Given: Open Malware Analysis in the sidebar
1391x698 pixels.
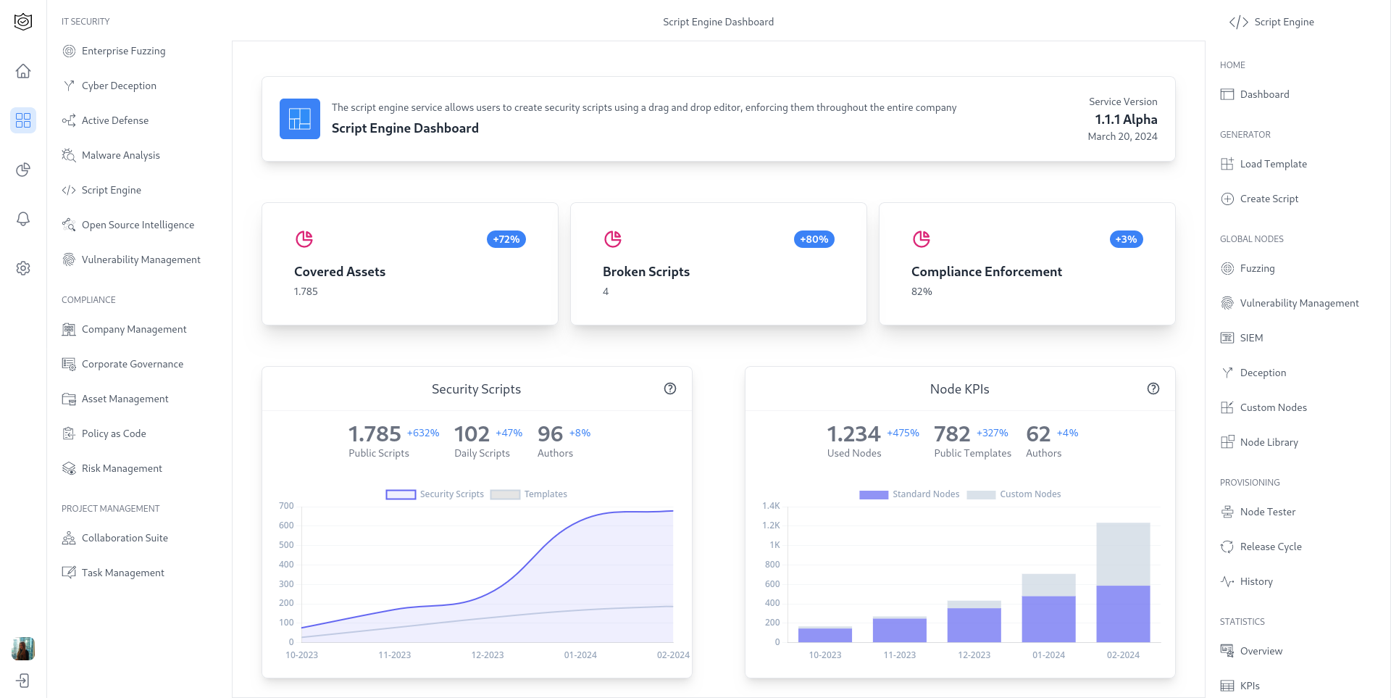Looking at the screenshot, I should (x=120, y=155).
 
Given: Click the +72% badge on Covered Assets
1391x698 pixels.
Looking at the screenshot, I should (x=506, y=239).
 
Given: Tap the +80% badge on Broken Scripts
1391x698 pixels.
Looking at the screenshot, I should (x=814, y=239).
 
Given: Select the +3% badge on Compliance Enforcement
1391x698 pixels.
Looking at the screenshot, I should (x=1126, y=239).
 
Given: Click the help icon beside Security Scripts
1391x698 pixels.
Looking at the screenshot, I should (x=670, y=389).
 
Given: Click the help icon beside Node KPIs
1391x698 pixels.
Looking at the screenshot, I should (x=1153, y=389).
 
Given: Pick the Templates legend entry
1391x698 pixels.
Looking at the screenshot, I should (x=529, y=494).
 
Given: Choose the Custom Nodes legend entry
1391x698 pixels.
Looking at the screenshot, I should (x=1014, y=494).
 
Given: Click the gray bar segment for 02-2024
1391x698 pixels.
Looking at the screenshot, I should (x=1123, y=554).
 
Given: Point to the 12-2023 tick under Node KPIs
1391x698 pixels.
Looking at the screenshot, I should (x=974, y=655).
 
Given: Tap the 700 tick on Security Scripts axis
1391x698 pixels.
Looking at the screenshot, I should (x=286, y=506).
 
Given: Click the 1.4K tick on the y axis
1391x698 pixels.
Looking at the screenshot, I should (x=771, y=506).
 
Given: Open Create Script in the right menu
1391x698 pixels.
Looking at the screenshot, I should (x=1269, y=199).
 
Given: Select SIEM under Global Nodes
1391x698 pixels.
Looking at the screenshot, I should (x=1251, y=338).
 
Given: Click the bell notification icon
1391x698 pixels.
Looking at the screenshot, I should (x=23, y=219).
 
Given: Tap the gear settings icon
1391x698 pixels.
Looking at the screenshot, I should (x=23, y=268).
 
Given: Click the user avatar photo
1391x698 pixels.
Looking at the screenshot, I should (x=23, y=648).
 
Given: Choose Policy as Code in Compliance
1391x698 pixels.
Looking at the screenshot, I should (x=114, y=433).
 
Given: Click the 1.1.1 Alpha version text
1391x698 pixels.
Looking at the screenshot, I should (x=1126, y=120).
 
